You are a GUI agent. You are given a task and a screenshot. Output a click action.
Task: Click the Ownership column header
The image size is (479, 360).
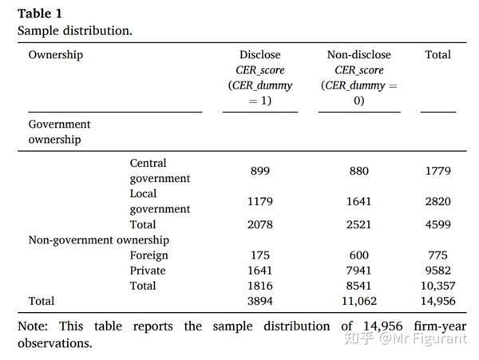pyautogui.click(x=55, y=55)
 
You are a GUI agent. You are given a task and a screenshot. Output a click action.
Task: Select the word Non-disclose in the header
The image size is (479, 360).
pyautogui.click(x=358, y=55)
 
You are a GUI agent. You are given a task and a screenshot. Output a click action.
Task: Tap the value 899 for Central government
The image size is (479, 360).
pyautogui.click(x=259, y=171)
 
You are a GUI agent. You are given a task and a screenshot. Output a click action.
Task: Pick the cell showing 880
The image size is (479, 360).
pyautogui.click(x=358, y=171)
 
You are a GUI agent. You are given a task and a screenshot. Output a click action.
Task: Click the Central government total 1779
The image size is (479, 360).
pyautogui.click(x=437, y=171)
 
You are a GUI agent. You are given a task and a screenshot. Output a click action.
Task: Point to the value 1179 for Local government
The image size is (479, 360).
pyautogui.click(x=259, y=201)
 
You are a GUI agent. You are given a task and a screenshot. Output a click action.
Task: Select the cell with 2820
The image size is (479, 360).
pyautogui.click(x=437, y=201)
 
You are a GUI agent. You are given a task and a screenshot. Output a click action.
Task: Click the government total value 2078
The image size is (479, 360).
pyautogui.click(x=259, y=224)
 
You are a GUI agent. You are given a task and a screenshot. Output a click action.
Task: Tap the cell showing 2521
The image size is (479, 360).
pyautogui.click(x=358, y=224)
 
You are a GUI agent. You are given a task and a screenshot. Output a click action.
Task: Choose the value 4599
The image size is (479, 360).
pyautogui.click(x=437, y=224)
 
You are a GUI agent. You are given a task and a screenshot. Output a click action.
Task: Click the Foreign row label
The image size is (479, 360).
pyautogui.click(x=149, y=255)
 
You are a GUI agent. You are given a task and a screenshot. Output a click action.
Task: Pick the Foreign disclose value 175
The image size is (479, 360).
pyautogui.click(x=259, y=255)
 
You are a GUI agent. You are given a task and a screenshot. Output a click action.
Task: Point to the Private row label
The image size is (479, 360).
pyautogui.click(x=148, y=271)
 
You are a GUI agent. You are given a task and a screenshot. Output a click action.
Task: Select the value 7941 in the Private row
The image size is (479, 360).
pyautogui.click(x=358, y=271)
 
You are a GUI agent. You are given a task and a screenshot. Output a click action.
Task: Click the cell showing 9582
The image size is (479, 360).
pyautogui.click(x=437, y=271)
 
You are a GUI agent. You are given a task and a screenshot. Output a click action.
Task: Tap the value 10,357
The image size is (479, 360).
pyautogui.click(x=437, y=286)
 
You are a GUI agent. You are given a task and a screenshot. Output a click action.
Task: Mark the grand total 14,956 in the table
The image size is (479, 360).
pyautogui.click(x=437, y=301)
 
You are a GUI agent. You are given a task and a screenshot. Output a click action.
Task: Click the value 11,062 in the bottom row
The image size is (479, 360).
pyautogui.click(x=358, y=301)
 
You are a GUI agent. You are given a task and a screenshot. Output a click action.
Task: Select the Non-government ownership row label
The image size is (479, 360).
pyautogui.click(x=98, y=240)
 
